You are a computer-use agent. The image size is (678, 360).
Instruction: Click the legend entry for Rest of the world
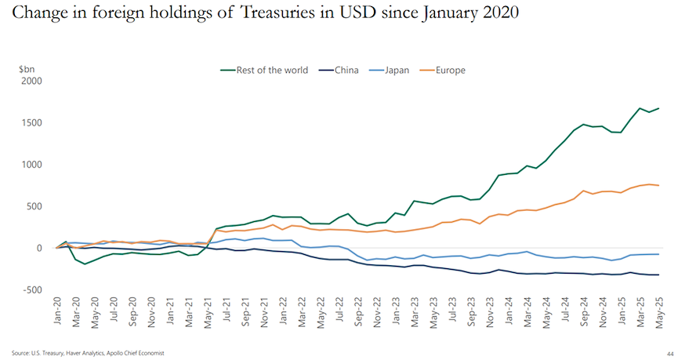point(266,70)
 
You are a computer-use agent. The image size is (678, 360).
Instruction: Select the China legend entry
point(346,70)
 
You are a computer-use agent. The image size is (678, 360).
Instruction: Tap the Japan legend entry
point(401,70)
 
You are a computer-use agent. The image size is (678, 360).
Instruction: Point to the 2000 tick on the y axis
point(31,81)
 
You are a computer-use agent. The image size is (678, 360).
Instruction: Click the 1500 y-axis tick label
point(31,123)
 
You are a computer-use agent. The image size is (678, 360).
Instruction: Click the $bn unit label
point(27,69)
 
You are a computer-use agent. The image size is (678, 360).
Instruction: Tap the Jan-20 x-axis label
point(56,313)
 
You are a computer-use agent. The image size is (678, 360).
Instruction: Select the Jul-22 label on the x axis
point(340,313)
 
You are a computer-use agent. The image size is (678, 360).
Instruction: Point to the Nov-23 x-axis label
point(489,313)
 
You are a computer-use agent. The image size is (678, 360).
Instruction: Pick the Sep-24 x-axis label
point(583,313)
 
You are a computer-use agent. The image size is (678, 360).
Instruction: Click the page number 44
point(667,354)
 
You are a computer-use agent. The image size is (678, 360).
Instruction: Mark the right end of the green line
point(658,108)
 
